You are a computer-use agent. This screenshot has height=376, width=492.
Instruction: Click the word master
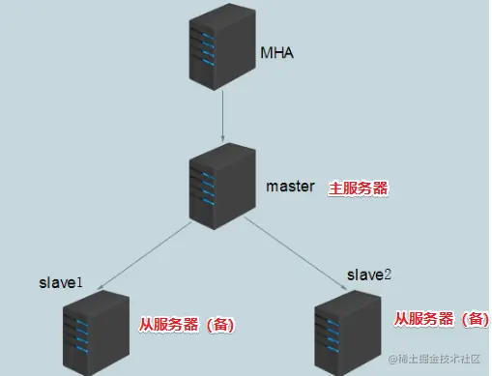(290, 186)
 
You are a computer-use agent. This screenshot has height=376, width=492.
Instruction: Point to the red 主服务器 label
(359, 188)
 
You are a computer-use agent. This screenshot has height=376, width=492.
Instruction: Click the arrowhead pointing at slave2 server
(346, 283)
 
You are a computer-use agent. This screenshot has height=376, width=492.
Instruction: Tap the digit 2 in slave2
(389, 275)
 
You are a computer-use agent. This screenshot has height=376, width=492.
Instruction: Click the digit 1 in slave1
(79, 283)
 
